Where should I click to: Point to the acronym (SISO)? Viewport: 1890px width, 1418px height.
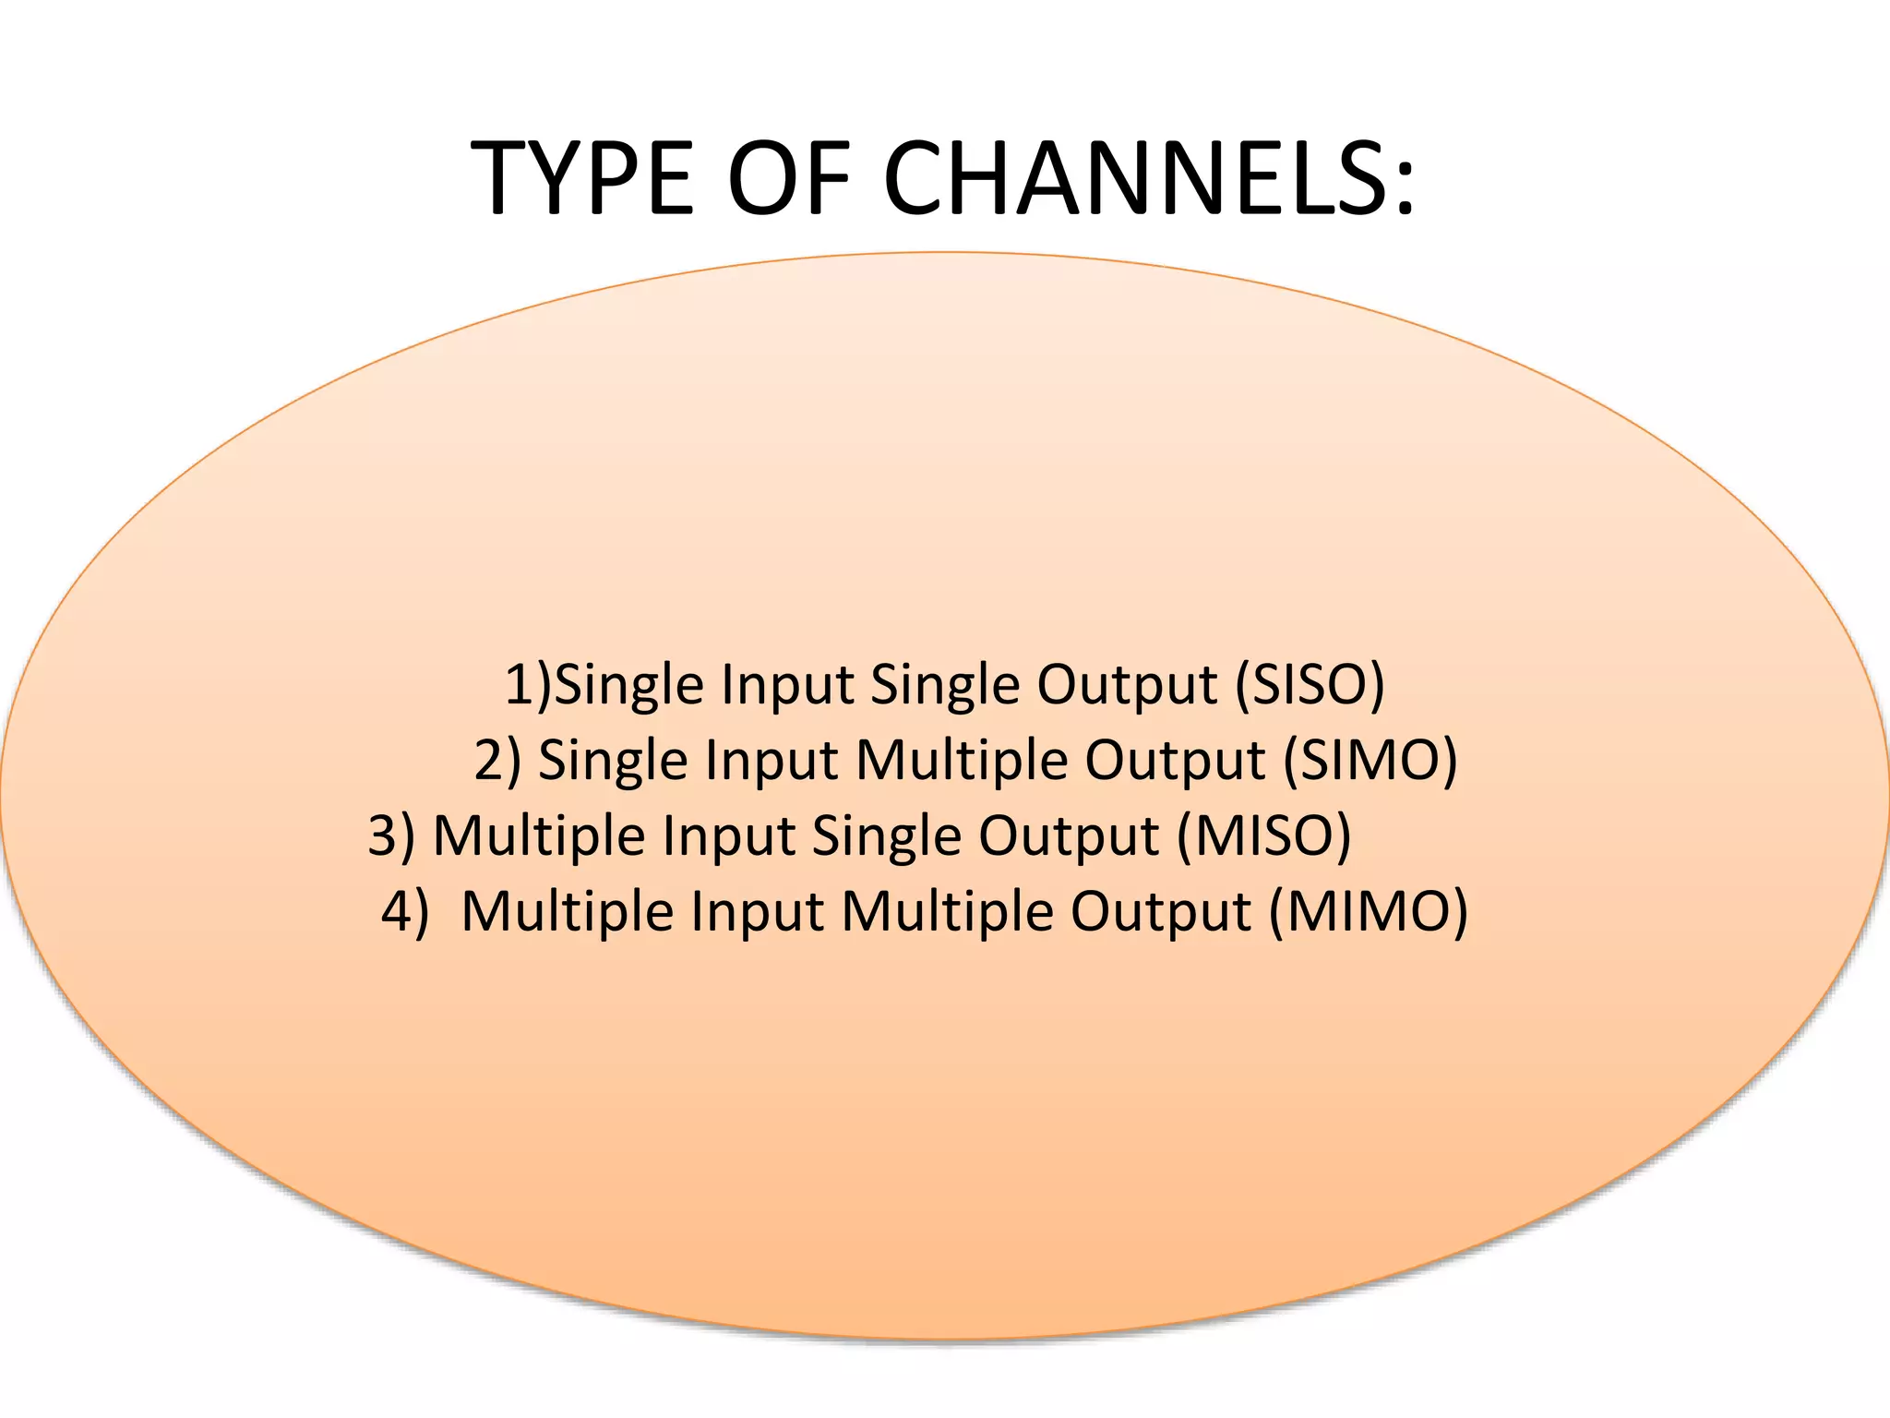1310,684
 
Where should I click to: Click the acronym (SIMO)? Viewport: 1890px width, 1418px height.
1370,760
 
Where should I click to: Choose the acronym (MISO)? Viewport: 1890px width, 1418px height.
1264,835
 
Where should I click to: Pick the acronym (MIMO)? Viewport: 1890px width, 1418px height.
1369,911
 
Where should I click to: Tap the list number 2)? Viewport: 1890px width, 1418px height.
497,760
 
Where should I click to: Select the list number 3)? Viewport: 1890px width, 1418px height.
391,835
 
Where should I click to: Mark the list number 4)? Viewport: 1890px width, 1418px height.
405,911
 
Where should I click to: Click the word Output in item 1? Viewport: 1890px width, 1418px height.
1127,686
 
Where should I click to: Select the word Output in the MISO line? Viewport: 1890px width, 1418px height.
1068,837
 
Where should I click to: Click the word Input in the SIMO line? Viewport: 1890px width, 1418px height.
772,762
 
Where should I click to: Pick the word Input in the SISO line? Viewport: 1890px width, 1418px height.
787,686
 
